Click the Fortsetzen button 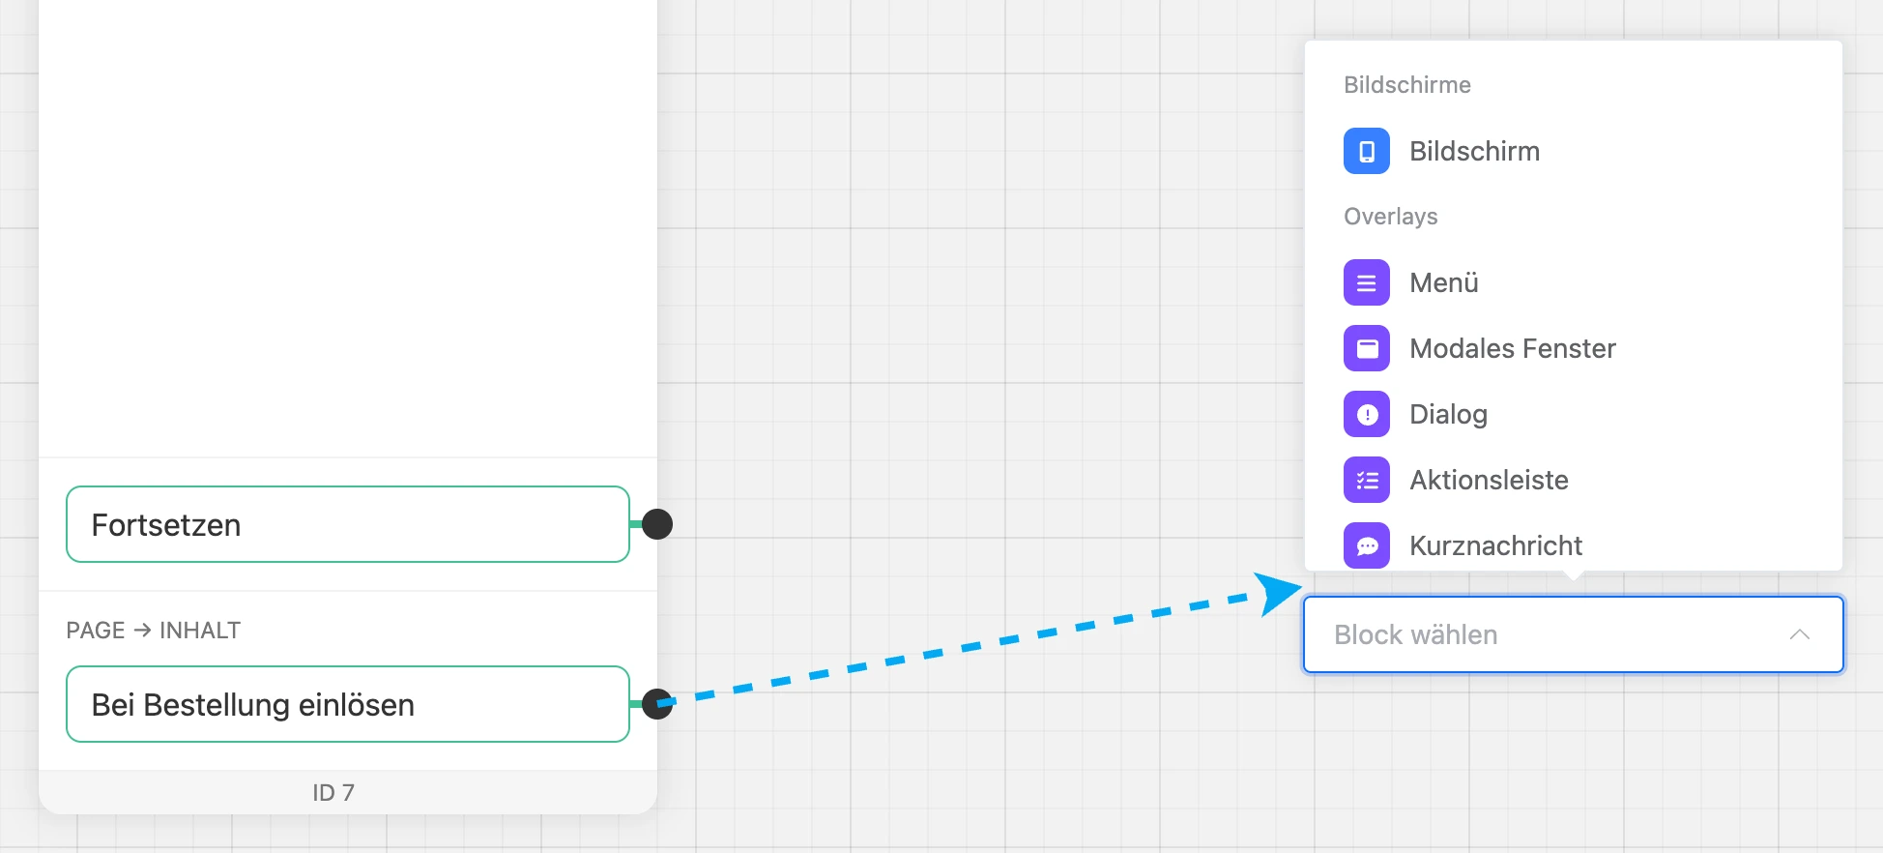[348, 524]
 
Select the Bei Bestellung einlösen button [348, 704]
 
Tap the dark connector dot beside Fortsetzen [657, 524]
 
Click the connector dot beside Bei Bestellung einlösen [657, 704]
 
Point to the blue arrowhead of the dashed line [1277, 592]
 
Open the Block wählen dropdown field [1574, 634]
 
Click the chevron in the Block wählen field [1799, 634]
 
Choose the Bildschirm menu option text [1474, 151]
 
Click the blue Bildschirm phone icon [1367, 151]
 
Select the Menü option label [1444, 282]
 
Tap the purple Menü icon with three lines [1367, 282]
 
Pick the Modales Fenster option [1513, 348]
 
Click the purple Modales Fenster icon [1367, 348]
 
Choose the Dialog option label [1448, 414]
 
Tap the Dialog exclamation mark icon [1367, 414]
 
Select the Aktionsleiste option [1489, 480]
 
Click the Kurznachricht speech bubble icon [1367, 545]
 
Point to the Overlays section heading [1391, 217]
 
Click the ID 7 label [333, 792]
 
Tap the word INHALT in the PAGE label [200, 631]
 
